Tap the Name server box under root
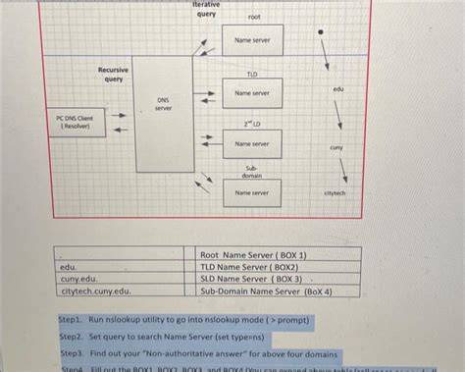(x=251, y=40)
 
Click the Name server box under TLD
(x=251, y=93)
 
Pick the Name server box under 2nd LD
(x=251, y=144)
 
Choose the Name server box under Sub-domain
(x=251, y=193)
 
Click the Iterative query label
(x=206, y=10)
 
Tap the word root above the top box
(x=254, y=18)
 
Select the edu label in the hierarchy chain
(x=338, y=90)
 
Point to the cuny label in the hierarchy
(x=336, y=147)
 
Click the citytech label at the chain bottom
(x=335, y=193)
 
